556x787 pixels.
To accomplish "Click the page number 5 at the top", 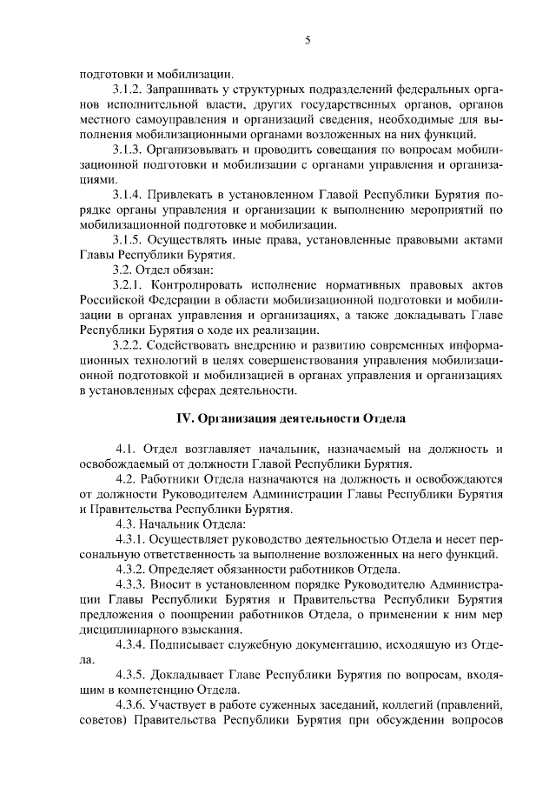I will (308, 39).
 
